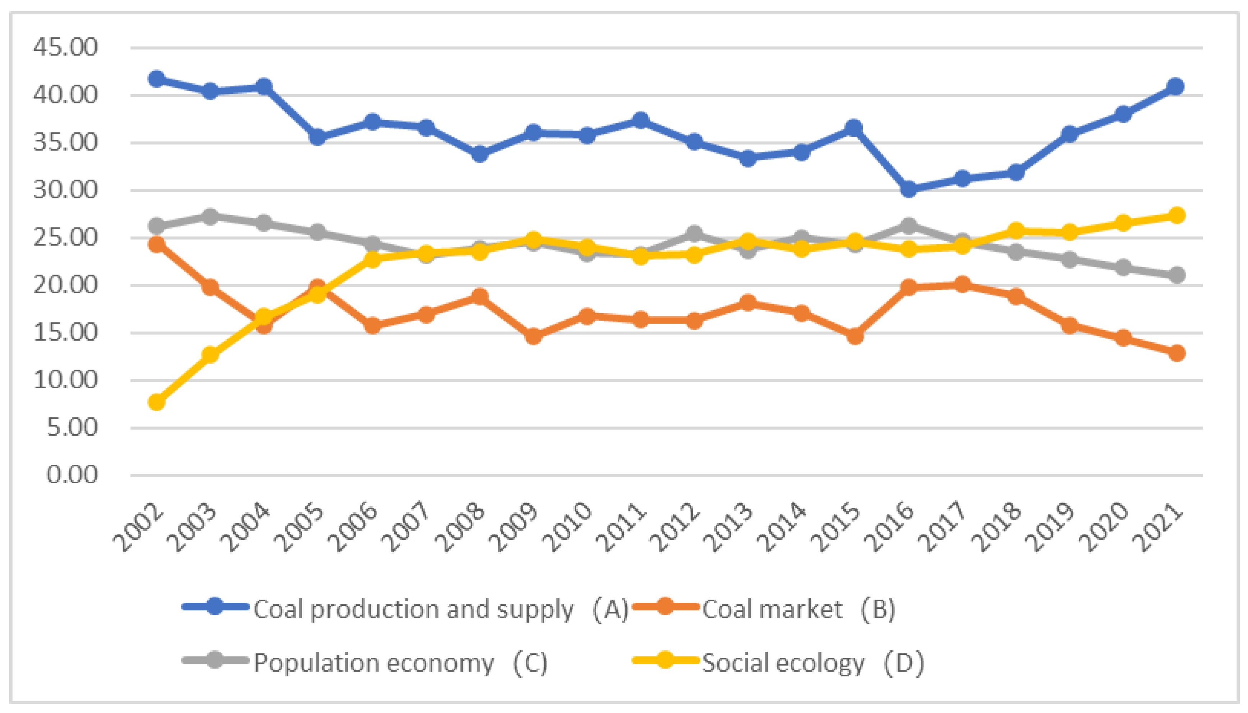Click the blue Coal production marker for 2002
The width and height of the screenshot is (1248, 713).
click(x=157, y=79)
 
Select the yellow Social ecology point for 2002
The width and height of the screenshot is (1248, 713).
click(x=157, y=402)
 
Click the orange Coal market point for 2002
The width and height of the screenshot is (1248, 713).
click(x=157, y=244)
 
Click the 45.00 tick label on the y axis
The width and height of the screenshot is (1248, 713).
click(x=65, y=47)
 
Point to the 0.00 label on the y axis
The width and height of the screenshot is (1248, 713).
click(x=72, y=475)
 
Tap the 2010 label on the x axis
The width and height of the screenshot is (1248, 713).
click(x=568, y=528)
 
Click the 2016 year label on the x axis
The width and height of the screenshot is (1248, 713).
click(x=889, y=528)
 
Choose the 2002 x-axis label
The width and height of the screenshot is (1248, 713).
click(x=139, y=528)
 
